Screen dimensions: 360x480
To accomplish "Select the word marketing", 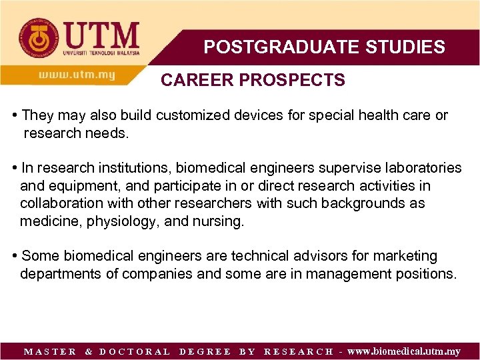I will click(x=405, y=256).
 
